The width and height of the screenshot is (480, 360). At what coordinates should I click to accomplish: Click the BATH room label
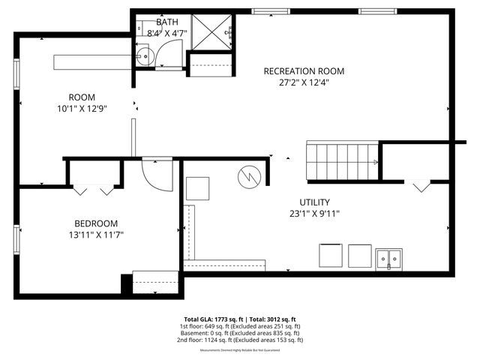(167, 22)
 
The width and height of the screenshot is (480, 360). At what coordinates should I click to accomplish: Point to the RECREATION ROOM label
(304, 71)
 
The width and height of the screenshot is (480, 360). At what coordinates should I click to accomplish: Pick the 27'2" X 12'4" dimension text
(304, 83)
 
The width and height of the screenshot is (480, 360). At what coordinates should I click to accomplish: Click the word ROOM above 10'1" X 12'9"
(82, 97)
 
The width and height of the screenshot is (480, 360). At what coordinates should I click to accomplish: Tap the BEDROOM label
(96, 223)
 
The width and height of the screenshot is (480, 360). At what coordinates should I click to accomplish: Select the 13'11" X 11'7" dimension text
(96, 235)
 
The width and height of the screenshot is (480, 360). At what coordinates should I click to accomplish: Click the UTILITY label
(314, 202)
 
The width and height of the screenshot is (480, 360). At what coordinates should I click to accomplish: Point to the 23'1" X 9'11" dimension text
(314, 214)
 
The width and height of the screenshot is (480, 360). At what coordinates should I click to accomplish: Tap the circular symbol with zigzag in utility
(248, 177)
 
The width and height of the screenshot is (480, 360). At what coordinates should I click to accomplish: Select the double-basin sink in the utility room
(390, 258)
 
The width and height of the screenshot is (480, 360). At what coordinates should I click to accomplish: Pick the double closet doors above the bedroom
(94, 190)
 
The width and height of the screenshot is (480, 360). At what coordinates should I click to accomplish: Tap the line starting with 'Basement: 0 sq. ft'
(239, 333)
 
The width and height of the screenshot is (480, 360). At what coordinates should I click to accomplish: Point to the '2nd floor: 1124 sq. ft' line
(239, 340)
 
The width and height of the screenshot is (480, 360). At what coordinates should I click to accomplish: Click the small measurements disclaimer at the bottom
(239, 350)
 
